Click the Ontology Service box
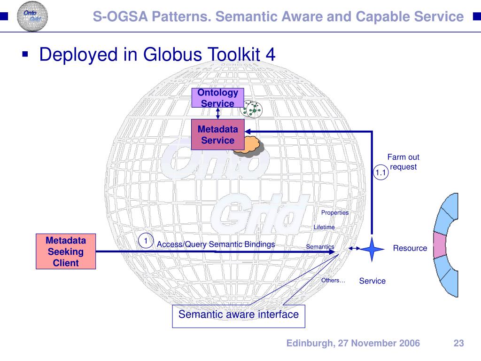[x=217, y=98]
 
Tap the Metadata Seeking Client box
[x=66, y=251]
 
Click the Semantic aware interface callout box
[x=239, y=314]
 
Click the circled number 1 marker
[x=146, y=241]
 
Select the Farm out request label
[x=403, y=162]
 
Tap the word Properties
[x=335, y=212]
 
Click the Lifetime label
[x=324, y=227]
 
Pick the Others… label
[x=333, y=281]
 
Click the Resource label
[x=410, y=248]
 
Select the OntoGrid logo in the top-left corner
[x=32, y=16]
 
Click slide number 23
[x=459, y=343]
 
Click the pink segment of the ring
[x=439, y=245]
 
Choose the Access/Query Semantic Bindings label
[x=216, y=244]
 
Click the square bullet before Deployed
[x=26, y=55]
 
